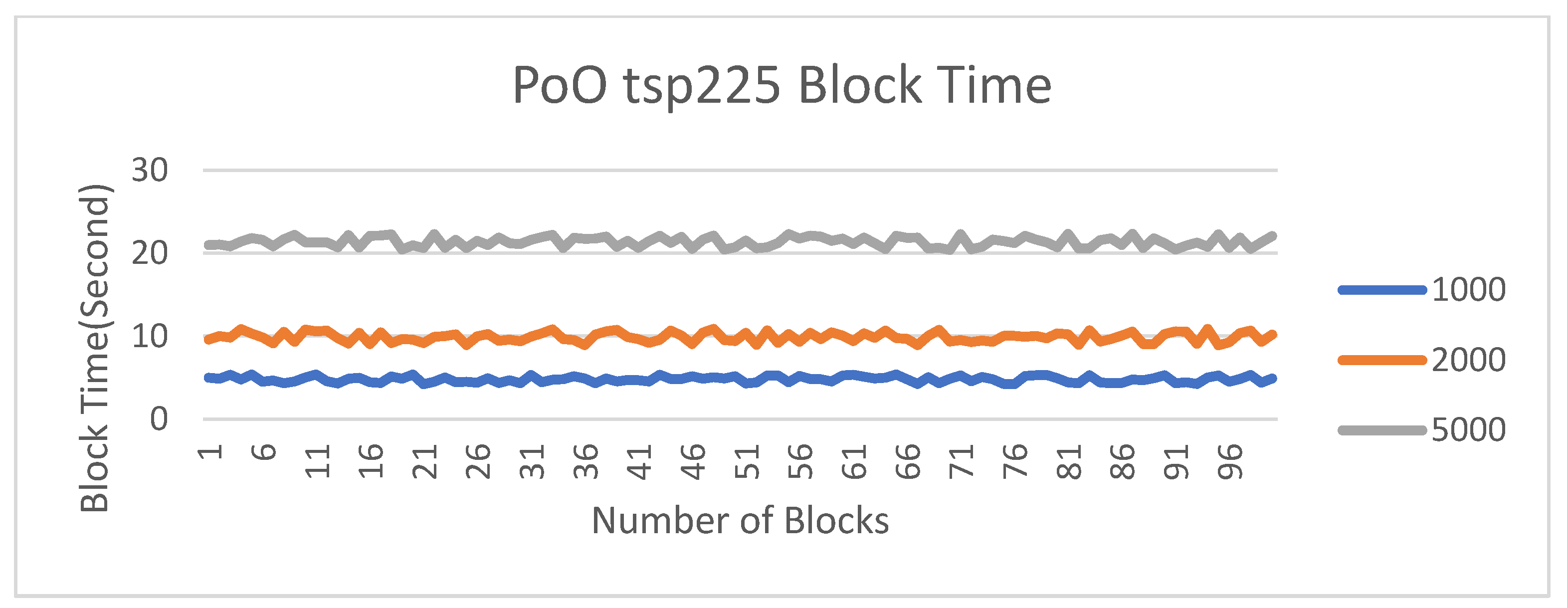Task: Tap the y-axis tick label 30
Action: click(x=150, y=171)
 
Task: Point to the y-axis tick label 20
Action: click(x=150, y=253)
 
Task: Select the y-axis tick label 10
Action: click(x=150, y=337)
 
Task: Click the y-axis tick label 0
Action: click(x=159, y=419)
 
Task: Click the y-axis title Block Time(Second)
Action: click(x=95, y=348)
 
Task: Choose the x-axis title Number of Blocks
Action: click(x=740, y=521)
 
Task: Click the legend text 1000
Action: click(x=1468, y=290)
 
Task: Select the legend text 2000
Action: click(x=1468, y=360)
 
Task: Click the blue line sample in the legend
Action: click(x=1382, y=290)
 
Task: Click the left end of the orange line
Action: click(x=208, y=340)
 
